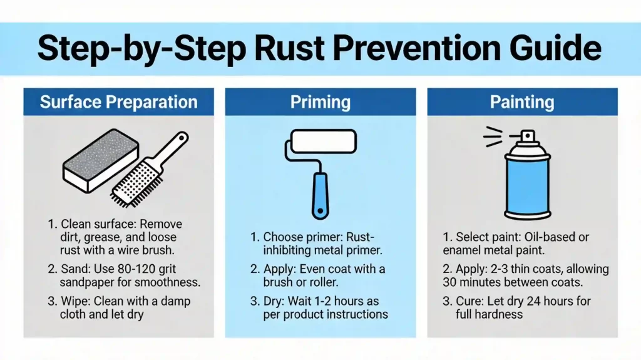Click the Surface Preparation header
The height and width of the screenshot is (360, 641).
118,102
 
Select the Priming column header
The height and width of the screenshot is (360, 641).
320,102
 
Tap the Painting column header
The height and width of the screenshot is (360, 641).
521,102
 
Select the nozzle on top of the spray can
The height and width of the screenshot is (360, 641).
528,136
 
